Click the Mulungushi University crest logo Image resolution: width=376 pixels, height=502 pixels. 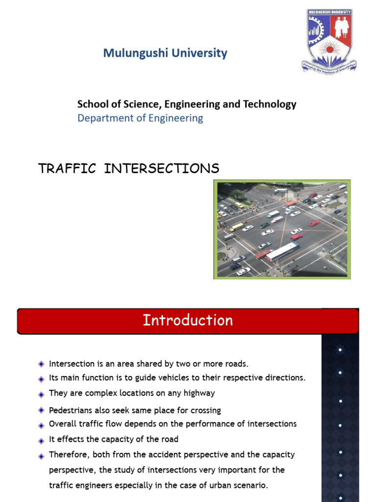(328, 40)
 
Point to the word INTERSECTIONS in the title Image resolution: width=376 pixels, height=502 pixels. (162, 169)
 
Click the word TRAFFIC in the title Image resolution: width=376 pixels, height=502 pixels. (67, 169)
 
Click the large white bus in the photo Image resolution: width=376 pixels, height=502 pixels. (282, 252)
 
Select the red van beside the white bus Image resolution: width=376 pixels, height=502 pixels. (263, 253)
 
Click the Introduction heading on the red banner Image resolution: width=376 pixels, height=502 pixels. (188, 321)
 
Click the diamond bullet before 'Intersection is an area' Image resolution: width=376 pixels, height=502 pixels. (41, 364)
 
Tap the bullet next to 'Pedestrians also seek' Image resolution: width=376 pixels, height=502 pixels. (41, 410)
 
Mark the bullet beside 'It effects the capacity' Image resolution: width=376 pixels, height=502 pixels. (41, 440)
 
